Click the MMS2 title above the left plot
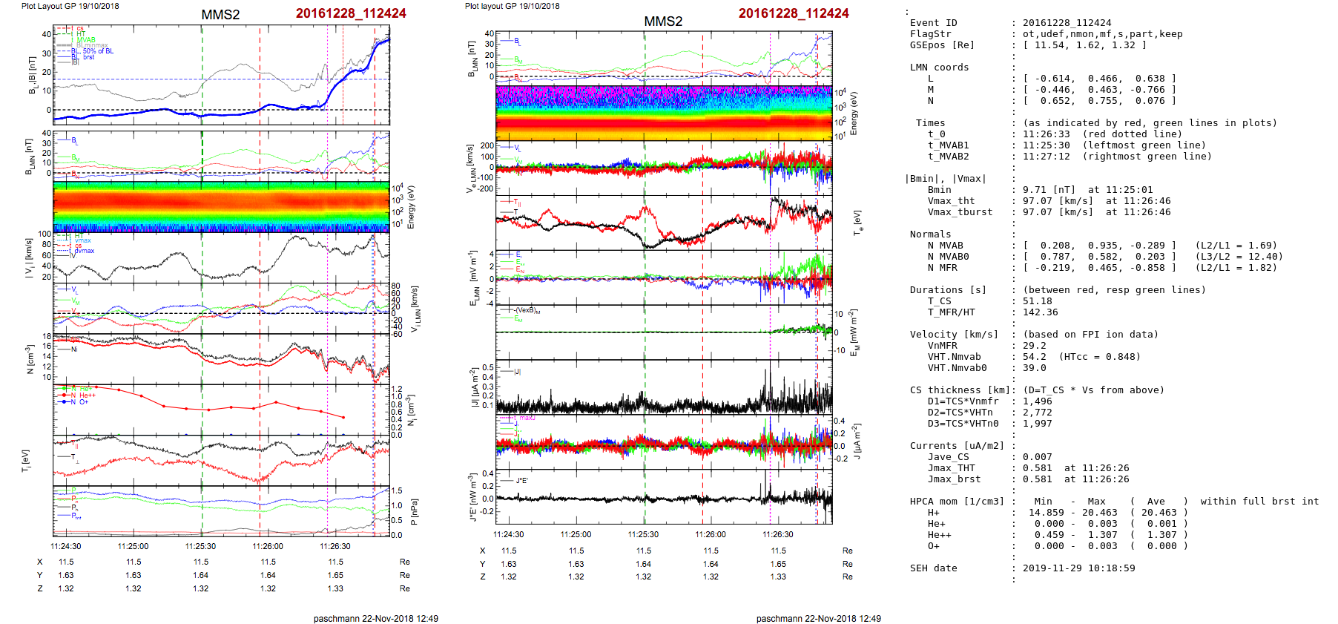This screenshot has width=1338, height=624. (x=220, y=15)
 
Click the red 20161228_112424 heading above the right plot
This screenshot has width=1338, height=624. (x=794, y=13)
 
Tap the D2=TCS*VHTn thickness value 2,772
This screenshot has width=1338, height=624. (x=1037, y=413)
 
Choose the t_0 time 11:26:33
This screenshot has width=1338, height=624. (x=1046, y=134)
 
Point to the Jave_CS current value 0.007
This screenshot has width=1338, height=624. (x=1037, y=457)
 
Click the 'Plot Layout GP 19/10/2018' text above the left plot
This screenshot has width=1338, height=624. (x=70, y=6)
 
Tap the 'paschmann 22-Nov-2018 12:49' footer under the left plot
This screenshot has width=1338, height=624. (x=375, y=618)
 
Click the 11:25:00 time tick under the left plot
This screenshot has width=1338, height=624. (x=134, y=546)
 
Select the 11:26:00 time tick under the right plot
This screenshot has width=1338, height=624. (x=711, y=534)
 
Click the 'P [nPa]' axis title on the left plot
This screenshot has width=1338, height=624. (x=414, y=511)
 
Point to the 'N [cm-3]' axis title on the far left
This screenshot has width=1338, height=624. (x=30, y=359)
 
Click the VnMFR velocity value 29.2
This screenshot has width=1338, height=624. (x=1034, y=346)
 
